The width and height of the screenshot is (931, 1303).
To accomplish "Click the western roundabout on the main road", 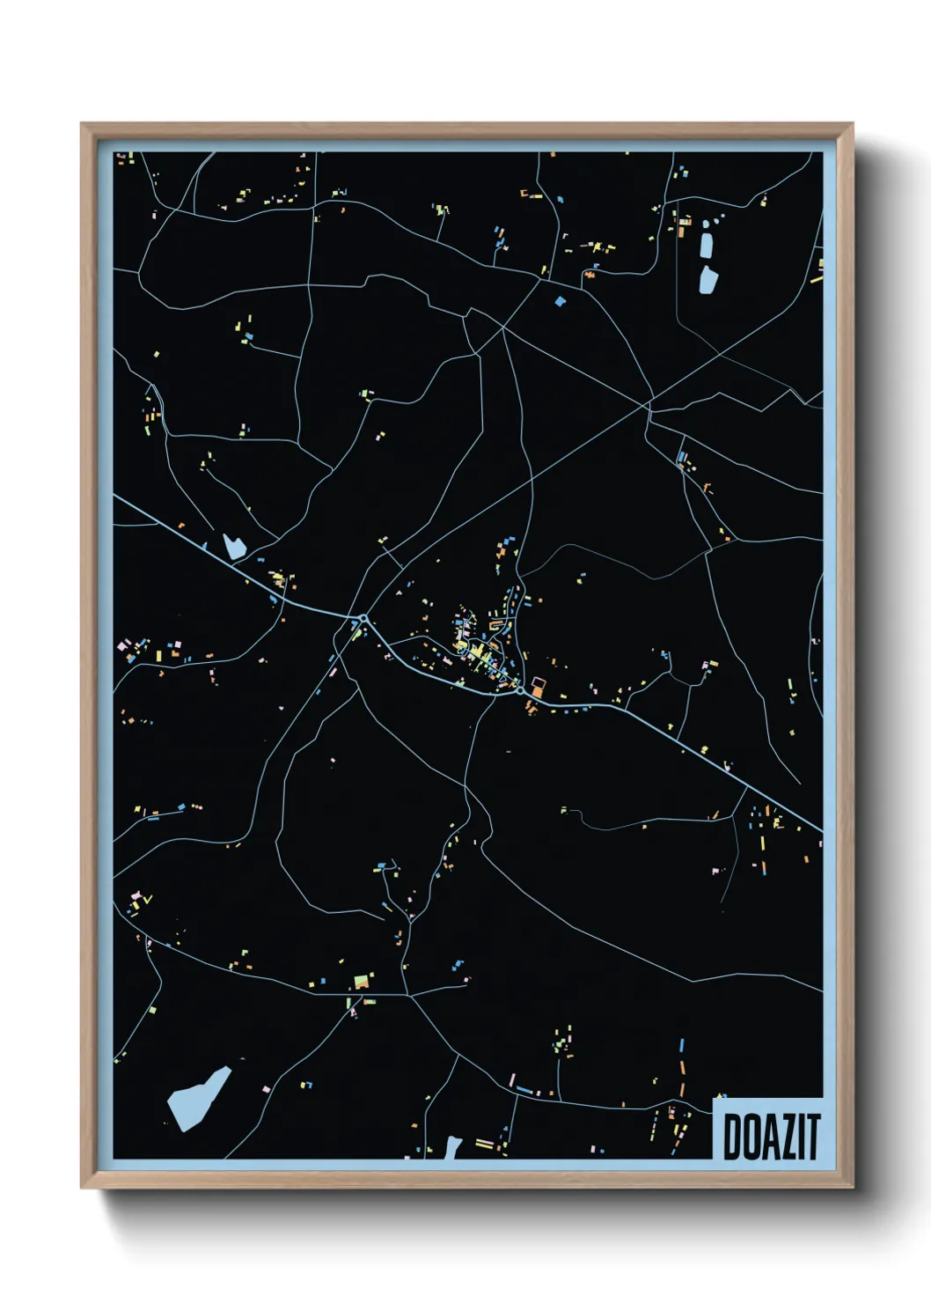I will pos(363,618).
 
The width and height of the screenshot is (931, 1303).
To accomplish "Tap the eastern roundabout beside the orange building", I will pos(521,691).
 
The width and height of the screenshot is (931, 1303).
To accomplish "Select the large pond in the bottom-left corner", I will pos(197,1097).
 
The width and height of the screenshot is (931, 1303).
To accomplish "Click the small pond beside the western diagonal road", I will pos(233,547).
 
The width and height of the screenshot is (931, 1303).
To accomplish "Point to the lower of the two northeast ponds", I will pos(708,278).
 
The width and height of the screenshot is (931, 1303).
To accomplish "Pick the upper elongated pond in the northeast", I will pos(706,241).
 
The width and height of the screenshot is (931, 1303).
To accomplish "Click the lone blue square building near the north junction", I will pos(561,301).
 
